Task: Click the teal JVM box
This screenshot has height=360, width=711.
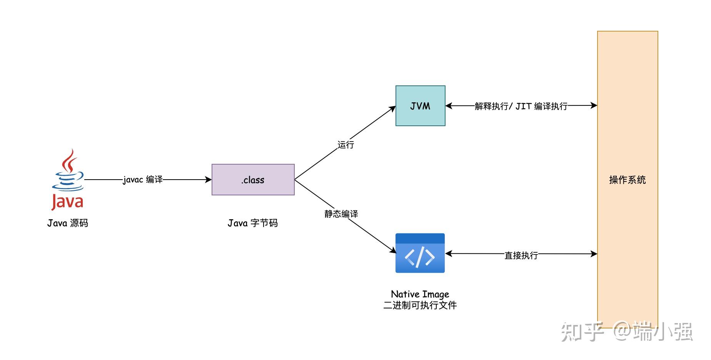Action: coord(420,106)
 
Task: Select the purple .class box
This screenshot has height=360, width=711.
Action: coord(253,180)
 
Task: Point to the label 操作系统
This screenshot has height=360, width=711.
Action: coord(627,180)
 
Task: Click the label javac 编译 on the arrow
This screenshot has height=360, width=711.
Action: coord(143,180)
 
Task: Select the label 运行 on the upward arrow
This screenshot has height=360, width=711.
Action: coord(345,145)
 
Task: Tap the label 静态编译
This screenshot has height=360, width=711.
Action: coord(341,214)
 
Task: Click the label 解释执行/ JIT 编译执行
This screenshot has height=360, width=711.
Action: coord(521,106)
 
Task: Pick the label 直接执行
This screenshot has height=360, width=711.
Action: coord(521,255)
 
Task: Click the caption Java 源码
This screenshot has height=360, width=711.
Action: coord(68,223)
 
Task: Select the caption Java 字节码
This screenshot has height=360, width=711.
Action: coord(252,223)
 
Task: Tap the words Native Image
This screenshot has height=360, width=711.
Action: coord(420,294)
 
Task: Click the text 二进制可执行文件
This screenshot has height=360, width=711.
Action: coord(420,305)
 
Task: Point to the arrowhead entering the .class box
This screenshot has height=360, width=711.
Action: coord(209,180)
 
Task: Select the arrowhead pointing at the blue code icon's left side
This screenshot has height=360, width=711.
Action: coord(393,250)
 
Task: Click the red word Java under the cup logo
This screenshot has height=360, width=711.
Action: coord(68,202)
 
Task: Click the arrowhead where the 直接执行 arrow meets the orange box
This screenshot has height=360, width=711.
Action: coord(594,254)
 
